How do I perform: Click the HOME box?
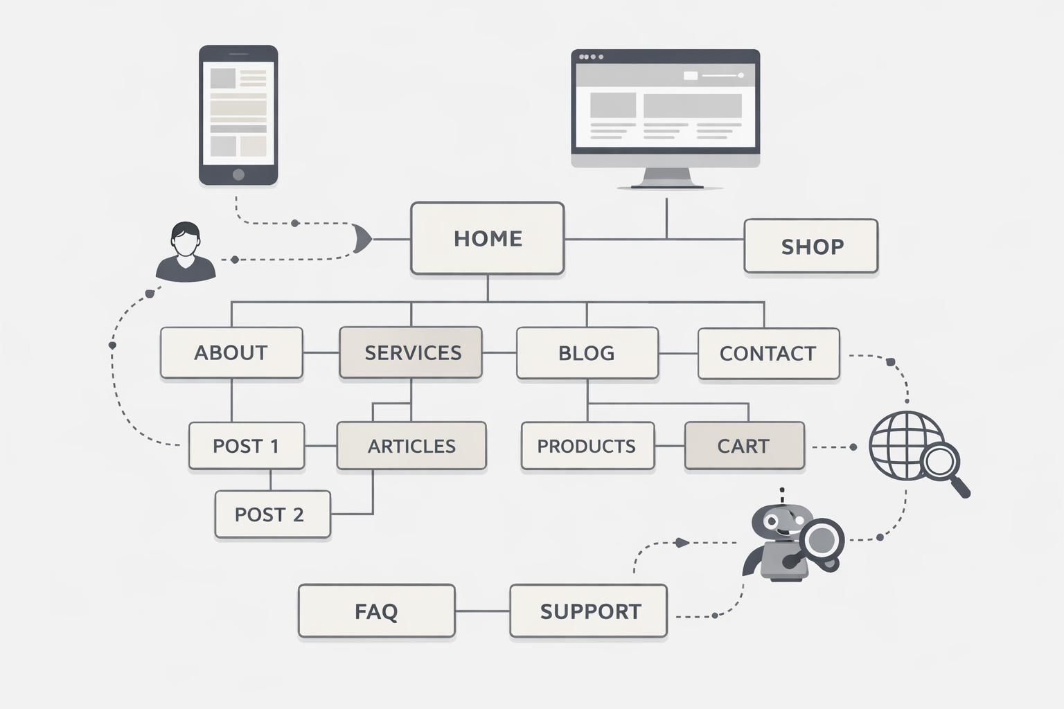click(x=487, y=238)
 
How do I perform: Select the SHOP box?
click(x=810, y=246)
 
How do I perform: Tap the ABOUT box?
click(x=231, y=352)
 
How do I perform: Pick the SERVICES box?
click(x=411, y=352)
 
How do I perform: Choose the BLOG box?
click(x=587, y=353)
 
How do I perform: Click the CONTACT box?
click(x=768, y=354)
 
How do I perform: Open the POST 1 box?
click(x=246, y=446)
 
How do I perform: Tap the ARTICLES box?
click(x=411, y=446)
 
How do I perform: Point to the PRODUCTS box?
click(x=587, y=446)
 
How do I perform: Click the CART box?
click(x=744, y=446)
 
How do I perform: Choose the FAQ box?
click(x=376, y=611)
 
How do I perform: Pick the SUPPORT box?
click(x=588, y=611)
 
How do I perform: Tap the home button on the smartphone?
click(x=238, y=174)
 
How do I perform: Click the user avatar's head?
click(x=186, y=240)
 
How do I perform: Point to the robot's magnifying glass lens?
click(x=821, y=538)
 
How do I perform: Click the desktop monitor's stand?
click(x=666, y=178)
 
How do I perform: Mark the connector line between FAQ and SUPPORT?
click(x=482, y=611)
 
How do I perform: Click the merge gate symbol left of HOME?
click(x=362, y=240)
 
